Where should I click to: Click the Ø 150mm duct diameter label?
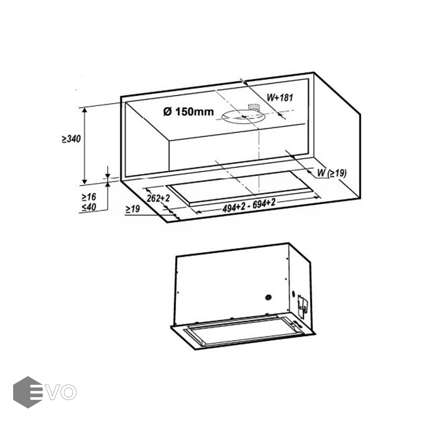pyautogui.click(x=188, y=112)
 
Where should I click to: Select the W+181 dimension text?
pyautogui.click(x=280, y=98)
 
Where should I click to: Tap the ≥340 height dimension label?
pyautogui.click(x=71, y=139)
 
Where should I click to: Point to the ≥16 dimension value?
pyautogui.click(x=89, y=197)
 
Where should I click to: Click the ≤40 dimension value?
pyautogui.click(x=89, y=207)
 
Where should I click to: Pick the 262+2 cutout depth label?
pyautogui.click(x=158, y=198)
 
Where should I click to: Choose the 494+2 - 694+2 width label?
pyautogui.click(x=249, y=206)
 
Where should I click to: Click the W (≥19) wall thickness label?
pyautogui.click(x=332, y=173)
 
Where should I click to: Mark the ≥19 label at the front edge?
pyautogui.click(x=133, y=209)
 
